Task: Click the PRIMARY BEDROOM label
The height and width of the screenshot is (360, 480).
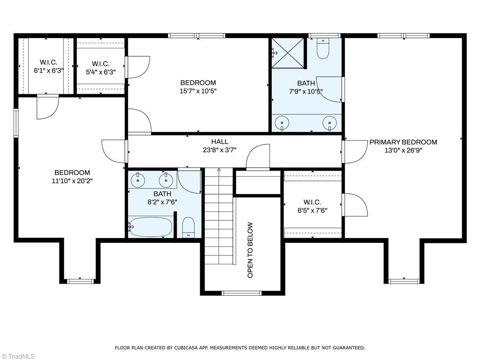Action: tap(403, 142)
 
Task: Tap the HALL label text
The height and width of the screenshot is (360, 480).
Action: tap(219, 142)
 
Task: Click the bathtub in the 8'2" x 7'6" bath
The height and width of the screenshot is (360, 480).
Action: tap(151, 227)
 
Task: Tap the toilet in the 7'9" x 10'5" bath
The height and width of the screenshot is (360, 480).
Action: tap(322, 49)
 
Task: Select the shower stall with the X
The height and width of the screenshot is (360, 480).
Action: tap(288, 53)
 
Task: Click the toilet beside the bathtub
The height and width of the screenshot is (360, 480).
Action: tap(188, 227)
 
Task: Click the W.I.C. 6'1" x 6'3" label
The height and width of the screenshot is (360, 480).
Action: tap(48, 71)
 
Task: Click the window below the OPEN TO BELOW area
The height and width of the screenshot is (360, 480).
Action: tap(241, 293)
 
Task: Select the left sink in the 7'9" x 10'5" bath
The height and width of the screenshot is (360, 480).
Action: tap(282, 123)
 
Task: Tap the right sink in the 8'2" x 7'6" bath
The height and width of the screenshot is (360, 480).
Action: tap(165, 179)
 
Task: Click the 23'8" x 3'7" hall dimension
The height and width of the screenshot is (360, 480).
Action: tap(219, 150)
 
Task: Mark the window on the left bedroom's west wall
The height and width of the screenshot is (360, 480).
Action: tap(16, 123)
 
